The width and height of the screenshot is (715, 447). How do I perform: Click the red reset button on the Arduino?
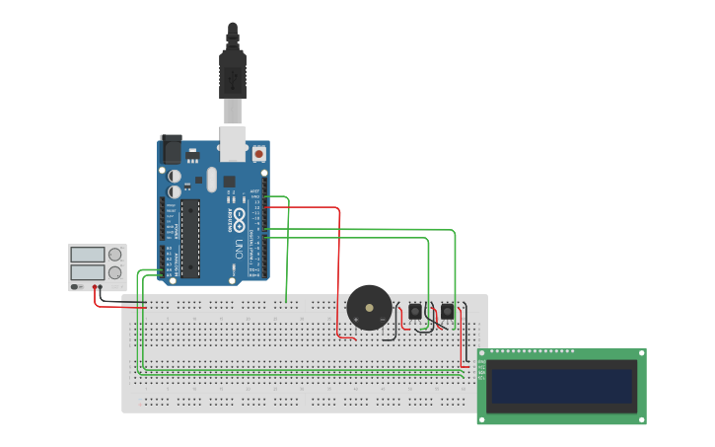coord(258,154)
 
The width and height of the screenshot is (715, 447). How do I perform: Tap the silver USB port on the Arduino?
coord(233,143)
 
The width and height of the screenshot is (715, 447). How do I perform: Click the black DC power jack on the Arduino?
coord(172,149)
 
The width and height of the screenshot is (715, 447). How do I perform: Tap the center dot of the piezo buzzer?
coord(370,308)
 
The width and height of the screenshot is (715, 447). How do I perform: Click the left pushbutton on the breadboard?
coord(414,312)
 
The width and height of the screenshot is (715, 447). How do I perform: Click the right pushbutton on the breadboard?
coord(447,312)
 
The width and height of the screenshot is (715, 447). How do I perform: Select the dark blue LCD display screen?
coord(561,387)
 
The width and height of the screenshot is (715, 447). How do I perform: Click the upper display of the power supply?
coord(87,255)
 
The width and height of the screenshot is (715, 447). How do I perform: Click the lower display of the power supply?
coord(87,272)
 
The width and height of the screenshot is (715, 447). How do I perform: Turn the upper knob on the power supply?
coord(115,255)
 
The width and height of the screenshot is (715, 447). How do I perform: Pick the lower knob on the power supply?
coord(115,272)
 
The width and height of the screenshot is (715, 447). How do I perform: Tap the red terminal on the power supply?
coord(96,288)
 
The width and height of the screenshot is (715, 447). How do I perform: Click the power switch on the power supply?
coord(75,287)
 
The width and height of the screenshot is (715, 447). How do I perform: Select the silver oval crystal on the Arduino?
coord(211,181)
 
